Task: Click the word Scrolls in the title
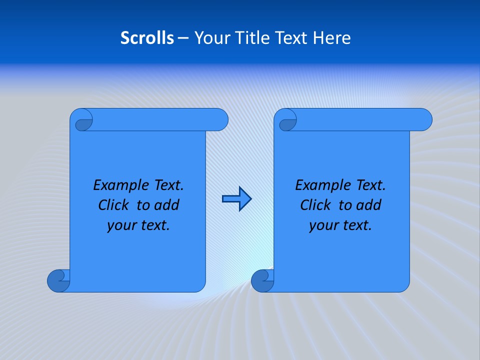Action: tap(147, 38)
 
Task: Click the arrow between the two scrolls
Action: tap(236, 199)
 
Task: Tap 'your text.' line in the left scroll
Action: tap(138, 225)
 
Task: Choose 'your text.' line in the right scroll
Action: tap(340, 225)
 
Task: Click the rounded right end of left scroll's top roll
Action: tap(220, 120)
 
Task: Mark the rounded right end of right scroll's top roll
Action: tap(424, 120)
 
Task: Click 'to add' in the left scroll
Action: tap(157, 205)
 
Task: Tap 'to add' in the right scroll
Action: tap(359, 205)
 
